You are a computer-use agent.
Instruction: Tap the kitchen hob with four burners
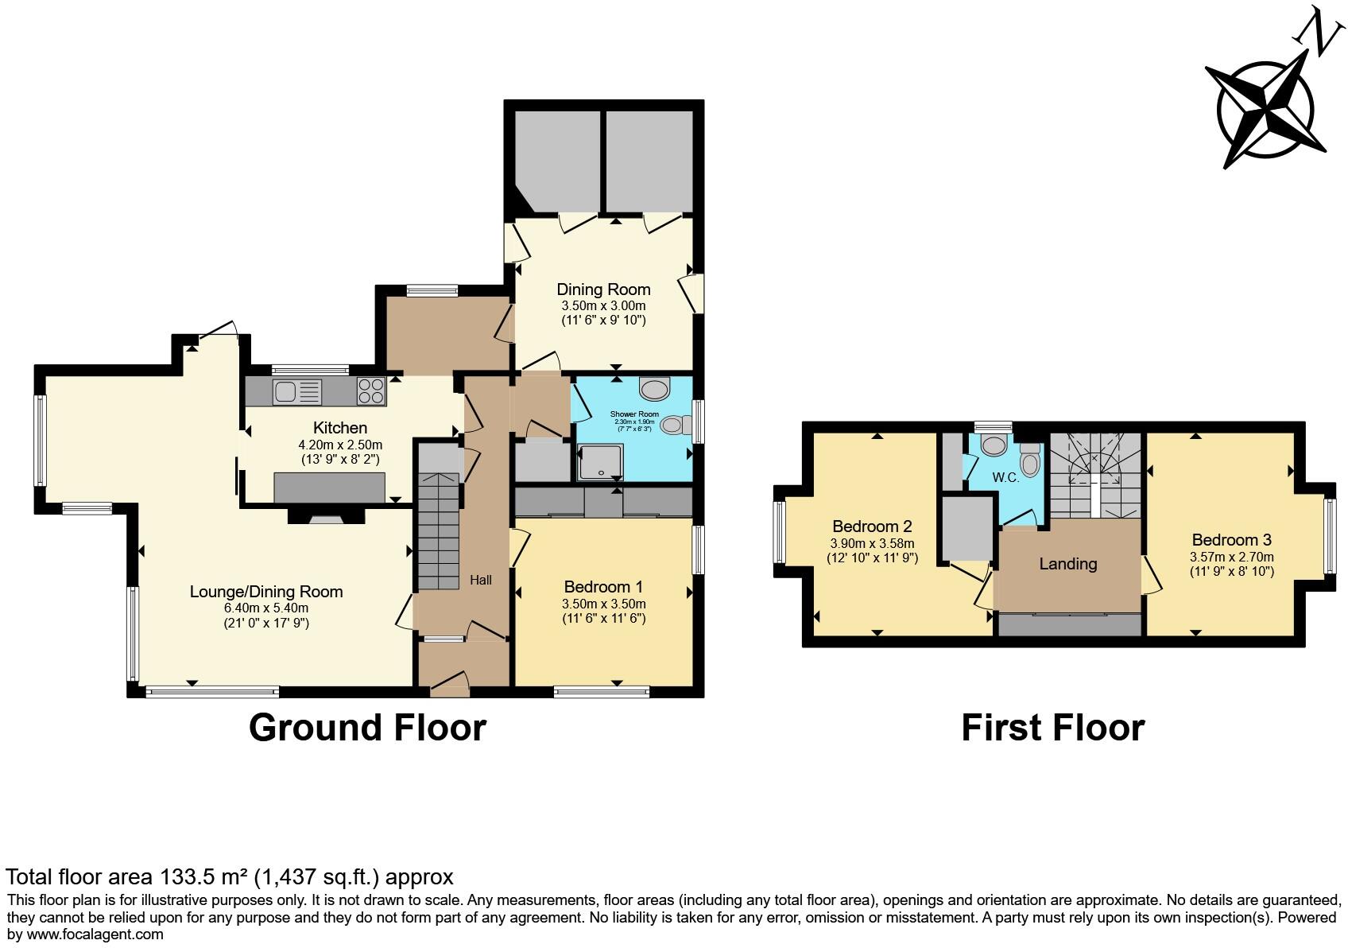pos(370,391)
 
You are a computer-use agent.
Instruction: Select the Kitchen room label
pos(340,428)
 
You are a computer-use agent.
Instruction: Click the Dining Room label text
pos(603,289)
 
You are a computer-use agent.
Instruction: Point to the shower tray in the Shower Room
pos(601,462)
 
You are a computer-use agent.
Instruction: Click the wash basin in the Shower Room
pos(656,390)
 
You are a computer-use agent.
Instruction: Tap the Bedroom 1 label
pos(603,587)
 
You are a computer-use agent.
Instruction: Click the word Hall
pos(480,581)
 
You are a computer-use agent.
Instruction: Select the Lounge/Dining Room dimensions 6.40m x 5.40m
pos(266,608)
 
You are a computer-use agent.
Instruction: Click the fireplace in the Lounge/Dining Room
pos(325,519)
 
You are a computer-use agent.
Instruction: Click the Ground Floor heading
pos(367,728)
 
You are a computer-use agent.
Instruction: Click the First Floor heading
pos(1052,728)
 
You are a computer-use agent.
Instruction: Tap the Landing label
pos(1068,564)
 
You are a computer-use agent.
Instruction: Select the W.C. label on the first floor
pos(1005,478)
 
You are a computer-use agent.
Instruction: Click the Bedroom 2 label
pos(872,526)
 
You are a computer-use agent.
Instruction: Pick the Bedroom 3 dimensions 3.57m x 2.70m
pos(1231,557)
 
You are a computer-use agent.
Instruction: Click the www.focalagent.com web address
pos(86,934)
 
